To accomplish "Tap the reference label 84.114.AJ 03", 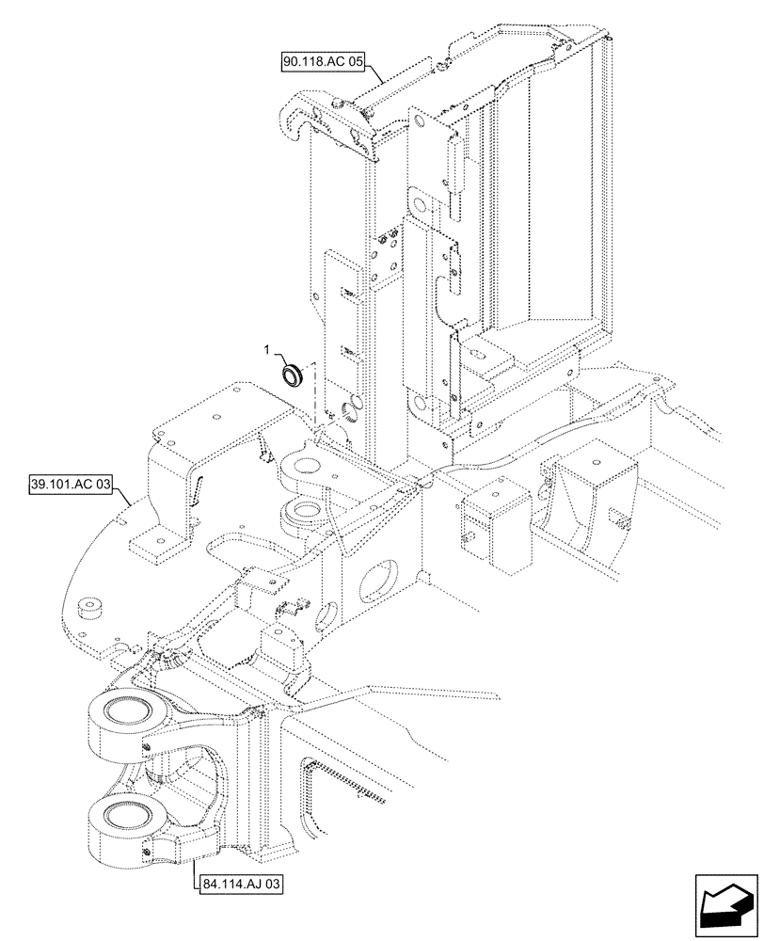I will tap(241, 885).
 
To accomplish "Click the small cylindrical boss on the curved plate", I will tap(91, 610).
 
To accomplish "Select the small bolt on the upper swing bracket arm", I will tap(148, 749).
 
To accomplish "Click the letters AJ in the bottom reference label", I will tap(247, 885).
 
